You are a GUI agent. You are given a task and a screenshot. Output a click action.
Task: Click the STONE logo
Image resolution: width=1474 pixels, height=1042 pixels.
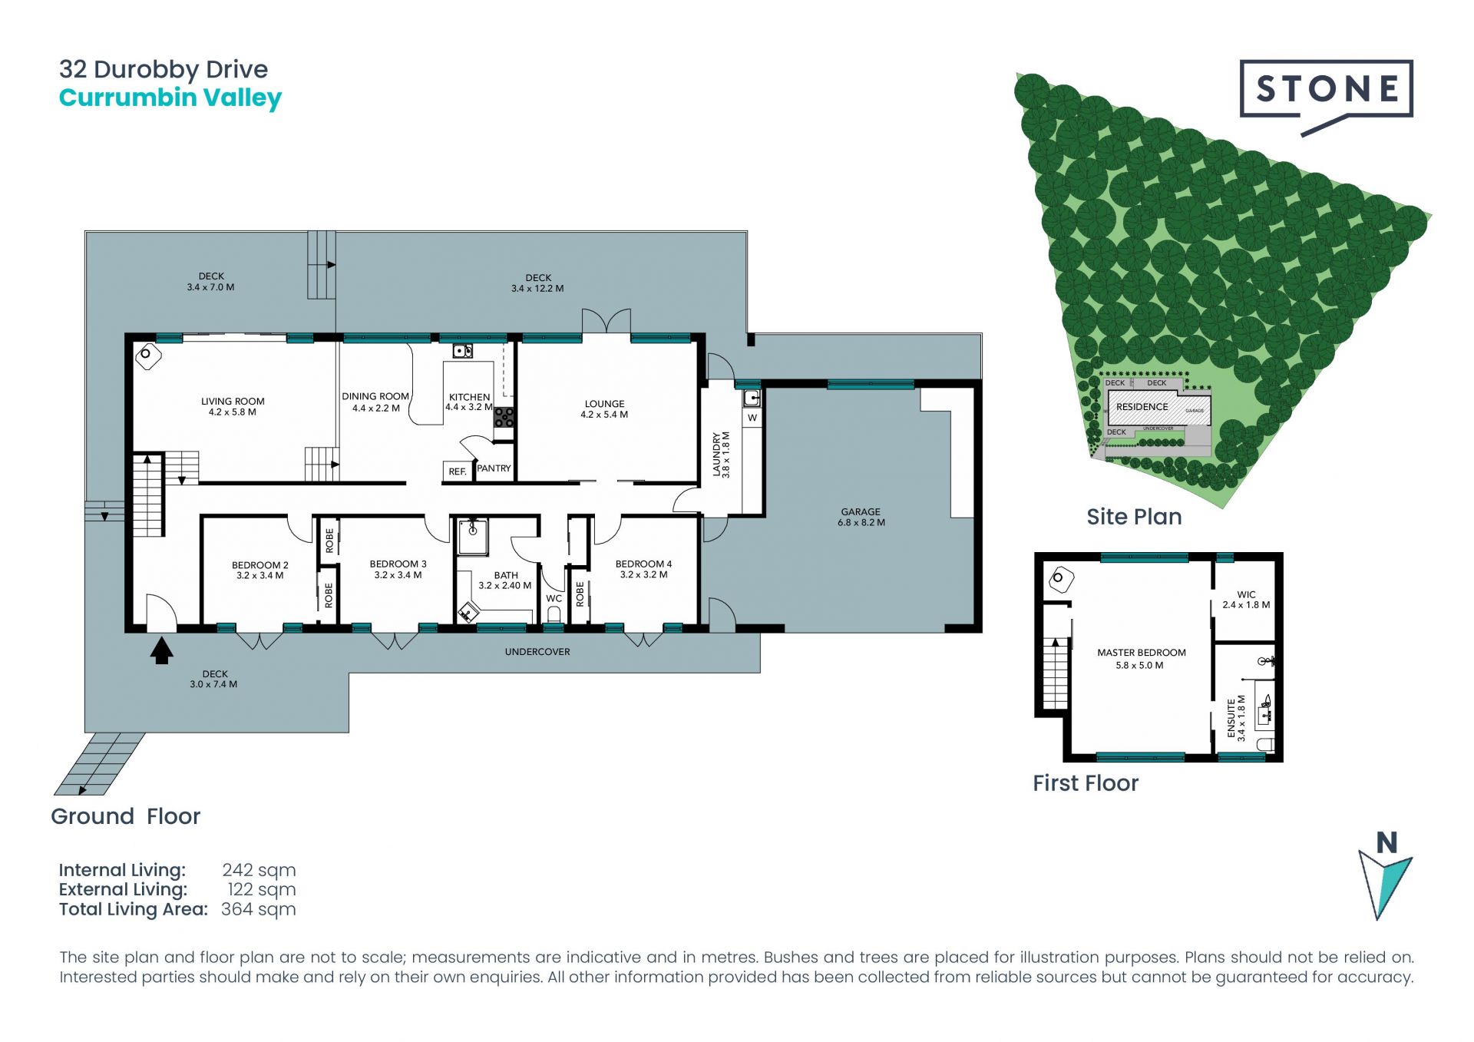tap(1326, 96)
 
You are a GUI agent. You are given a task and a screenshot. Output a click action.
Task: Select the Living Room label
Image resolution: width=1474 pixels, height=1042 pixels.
tap(233, 402)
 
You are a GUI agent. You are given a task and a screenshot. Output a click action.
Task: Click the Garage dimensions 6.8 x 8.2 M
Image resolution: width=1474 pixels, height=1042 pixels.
tap(861, 523)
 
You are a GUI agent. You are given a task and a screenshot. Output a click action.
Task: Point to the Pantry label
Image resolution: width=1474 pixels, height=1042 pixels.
tap(494, 468)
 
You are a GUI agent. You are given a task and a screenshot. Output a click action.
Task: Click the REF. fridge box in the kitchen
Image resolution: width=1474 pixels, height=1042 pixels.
tap(458, 471)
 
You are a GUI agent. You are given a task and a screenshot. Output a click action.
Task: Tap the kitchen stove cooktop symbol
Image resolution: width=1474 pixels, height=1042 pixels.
tap(504, 418)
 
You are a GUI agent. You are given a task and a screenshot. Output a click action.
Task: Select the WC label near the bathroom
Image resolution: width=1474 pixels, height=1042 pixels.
tap(554, 599)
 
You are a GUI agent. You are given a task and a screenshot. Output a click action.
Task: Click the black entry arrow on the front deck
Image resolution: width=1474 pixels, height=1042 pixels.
tap(161, 651)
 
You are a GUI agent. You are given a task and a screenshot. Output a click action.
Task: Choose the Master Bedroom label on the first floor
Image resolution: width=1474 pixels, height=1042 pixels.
tap(1142, 653)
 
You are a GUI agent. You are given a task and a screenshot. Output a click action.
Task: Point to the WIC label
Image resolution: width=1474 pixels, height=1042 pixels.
tap(1246, 594)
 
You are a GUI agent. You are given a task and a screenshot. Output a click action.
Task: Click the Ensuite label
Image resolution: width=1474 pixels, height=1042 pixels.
tap(1231, 718)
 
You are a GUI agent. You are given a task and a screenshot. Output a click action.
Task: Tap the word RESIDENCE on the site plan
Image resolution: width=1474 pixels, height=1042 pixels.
tap(1142, 407)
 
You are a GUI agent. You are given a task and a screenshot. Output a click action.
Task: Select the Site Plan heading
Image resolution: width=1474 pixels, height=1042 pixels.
tap(1134, 517)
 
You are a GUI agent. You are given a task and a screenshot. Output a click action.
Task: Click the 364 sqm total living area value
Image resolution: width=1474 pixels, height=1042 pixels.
tap(258, 910)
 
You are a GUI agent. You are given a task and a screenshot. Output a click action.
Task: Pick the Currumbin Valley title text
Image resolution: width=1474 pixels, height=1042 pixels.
tap(170, 98)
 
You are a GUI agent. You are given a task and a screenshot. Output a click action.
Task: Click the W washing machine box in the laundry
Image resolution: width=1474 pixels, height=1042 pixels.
tap(752, 418)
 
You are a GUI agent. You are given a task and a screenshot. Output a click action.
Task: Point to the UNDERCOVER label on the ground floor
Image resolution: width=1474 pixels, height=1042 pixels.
tap(537, 652)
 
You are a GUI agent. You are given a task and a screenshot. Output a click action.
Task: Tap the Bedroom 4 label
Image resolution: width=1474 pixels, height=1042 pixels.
tap(643, 564)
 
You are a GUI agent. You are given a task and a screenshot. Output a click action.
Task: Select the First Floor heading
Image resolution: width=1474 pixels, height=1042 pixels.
tap(1086, 783)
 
